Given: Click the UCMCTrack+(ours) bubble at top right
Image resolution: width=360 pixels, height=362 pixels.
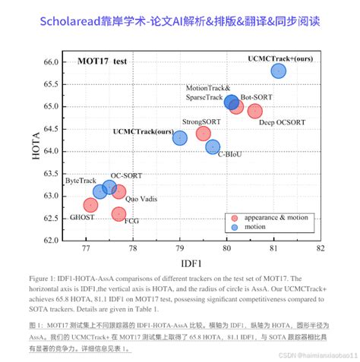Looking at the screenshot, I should tap(278, 71).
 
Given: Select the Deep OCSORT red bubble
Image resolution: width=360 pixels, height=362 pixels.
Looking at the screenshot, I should tap(254, 111).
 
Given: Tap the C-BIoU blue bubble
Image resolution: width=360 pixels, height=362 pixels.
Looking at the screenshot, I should tap(213, 147).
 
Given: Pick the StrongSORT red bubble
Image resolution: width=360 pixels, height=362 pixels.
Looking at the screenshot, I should tap(203, 134).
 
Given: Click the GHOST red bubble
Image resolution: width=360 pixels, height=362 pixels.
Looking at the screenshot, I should tap(91, 205).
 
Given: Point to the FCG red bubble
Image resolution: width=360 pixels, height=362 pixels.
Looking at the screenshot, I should tap(118, 214).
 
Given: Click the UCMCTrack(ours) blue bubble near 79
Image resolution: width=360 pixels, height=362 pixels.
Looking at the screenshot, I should tap(180, 138).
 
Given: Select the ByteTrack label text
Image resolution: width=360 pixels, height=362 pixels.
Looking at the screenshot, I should tap(81, 181).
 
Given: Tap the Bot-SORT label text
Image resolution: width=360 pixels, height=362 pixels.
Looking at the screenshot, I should tap(256, 97).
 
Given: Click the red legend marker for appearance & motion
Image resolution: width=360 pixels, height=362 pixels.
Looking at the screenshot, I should tap(235, 218).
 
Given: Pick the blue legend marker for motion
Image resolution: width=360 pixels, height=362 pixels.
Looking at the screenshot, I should tap(235, 226).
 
